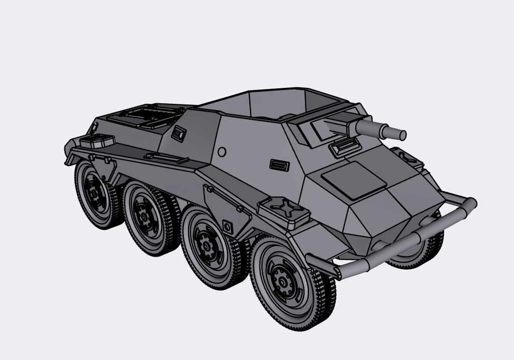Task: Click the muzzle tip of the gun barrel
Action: click(402, 135)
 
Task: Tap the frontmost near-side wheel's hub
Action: click(284, 280)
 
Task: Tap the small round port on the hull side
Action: click(221, 151)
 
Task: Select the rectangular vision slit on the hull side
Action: click(279, 165)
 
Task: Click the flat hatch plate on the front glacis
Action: click(354, 179)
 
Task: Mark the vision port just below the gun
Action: click(345, 147)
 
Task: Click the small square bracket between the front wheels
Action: click(226, 225)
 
